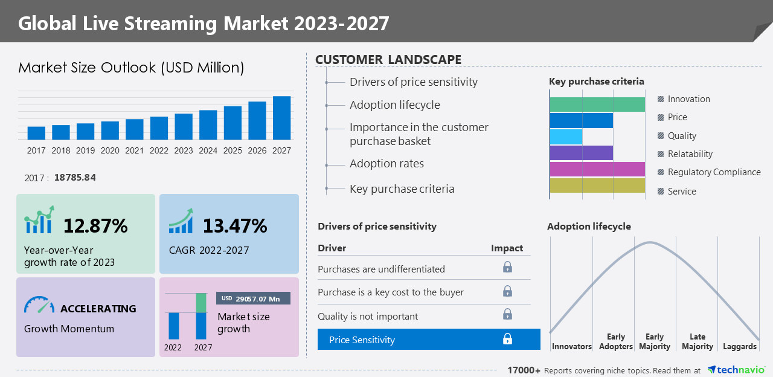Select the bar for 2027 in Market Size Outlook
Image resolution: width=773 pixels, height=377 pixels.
coord(281,118)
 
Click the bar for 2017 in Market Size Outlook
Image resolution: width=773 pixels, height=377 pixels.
coord(36,134)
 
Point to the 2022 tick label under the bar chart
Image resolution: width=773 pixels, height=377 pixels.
coord(159,151)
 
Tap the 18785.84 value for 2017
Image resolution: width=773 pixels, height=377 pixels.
coord(75,178)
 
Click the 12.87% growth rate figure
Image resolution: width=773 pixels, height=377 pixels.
coord(95,226)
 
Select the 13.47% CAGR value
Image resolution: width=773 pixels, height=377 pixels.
coord(234,226)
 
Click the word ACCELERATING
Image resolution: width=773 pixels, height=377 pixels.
coord(98,309)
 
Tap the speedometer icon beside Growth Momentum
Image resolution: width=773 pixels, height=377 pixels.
coord(39,305)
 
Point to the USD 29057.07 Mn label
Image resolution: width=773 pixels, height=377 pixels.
coord(253,298)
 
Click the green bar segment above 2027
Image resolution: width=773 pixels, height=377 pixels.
coord(201,303)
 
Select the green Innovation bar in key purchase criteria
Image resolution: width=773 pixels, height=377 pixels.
coord(597,105)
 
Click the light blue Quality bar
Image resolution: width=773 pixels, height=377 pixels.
coord(566,137)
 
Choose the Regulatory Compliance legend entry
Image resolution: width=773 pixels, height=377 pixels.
coord(714,172)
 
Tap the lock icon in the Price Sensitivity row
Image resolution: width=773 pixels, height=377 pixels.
coord(507,340)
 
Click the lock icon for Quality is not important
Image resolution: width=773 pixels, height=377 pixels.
coord(507,315)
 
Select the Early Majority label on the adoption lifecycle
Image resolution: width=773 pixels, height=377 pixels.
coord(655,342)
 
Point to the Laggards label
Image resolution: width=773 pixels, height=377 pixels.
coord(739,347)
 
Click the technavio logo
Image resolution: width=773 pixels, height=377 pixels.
coord(736,370)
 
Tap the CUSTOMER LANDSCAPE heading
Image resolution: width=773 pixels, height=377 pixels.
coord(388,59)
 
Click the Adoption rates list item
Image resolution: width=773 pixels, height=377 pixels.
coord(386,164)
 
